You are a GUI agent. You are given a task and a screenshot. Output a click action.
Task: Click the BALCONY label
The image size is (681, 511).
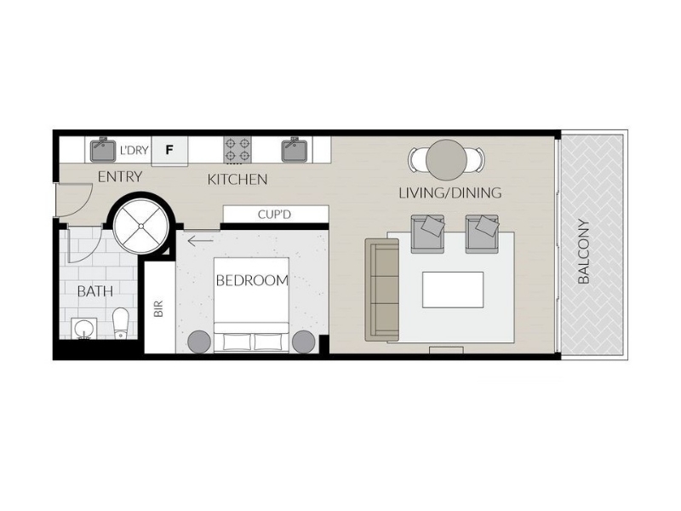point(584,251)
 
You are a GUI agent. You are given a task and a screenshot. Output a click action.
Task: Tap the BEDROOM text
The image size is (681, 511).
point(252,281)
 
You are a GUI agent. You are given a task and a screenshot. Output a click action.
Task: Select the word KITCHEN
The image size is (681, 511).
point(237,180)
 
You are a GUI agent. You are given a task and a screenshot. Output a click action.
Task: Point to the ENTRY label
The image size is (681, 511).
point(120,177)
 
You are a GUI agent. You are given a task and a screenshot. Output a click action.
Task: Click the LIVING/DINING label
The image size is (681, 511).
point(450,192)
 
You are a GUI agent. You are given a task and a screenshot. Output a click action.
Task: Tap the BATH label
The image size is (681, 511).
point(95,291)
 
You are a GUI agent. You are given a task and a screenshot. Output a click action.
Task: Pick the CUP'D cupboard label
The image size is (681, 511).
point(274,215)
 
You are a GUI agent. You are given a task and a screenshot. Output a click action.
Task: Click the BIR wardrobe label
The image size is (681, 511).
point(158,308)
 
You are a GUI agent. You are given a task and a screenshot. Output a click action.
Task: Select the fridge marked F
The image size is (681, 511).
point(169,150)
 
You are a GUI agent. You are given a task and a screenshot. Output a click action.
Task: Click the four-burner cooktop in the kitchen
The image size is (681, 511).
point(238,150)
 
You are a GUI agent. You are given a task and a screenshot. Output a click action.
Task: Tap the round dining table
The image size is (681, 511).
point(446,159)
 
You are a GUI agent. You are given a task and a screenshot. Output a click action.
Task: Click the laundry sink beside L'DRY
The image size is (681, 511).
point(103,150)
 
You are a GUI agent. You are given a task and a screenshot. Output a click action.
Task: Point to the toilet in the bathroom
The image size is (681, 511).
point(120,323)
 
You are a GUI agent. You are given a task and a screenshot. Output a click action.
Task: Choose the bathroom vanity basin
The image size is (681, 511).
point(83,329)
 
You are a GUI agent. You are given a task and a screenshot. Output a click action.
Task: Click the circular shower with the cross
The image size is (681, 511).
point(141,226)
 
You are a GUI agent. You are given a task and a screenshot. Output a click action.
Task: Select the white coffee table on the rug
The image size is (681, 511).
point(453,290)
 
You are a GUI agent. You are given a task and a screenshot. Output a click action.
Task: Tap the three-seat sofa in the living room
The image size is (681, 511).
point(382,290)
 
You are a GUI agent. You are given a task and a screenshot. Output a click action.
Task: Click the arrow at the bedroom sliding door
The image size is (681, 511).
point(200,240)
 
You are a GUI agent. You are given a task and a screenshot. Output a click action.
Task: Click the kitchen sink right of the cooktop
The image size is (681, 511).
point(295,150)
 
